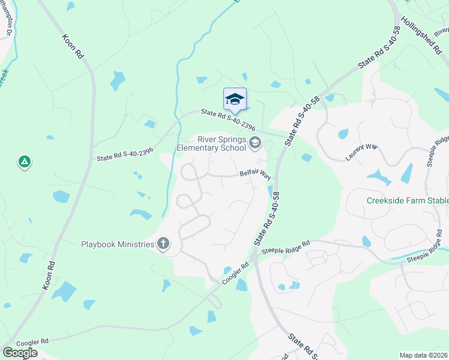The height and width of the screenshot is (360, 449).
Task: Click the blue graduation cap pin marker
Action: coord(235,100)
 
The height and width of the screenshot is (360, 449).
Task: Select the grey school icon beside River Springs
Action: coord(256,142)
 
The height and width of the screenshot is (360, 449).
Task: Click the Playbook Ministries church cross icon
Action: coord(162,244)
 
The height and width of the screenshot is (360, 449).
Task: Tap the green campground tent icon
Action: coord(25,162)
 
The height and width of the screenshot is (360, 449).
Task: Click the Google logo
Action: coord(20,352)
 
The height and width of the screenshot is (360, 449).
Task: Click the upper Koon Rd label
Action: coord(73,46)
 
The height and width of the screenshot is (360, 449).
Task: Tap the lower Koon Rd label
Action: coord(49,277)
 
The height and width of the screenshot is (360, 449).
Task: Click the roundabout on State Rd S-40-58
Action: coord(254,257)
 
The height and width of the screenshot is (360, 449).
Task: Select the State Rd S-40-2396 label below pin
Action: coord(229,119)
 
